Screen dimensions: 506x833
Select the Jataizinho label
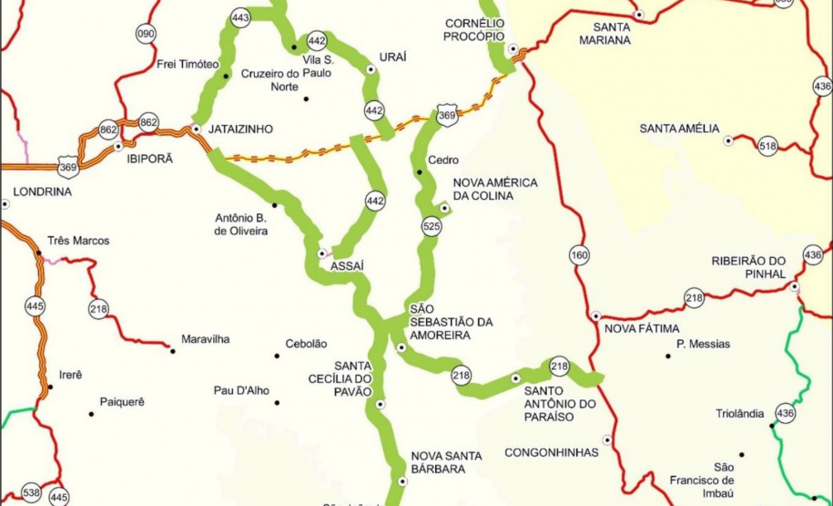pyautogui.click(x=240, y=129)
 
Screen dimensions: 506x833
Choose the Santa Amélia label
pyautogui.click(x=679, y=128)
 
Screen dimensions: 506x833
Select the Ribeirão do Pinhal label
pyautogui.click(x=748, y=266)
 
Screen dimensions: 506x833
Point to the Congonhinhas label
pyautogui.click(x=552, y=452)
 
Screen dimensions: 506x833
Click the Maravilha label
pyautogui.click(x=205, y=339)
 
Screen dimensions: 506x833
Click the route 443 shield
pyautogui.click(x=240, y=17)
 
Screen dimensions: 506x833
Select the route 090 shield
pyautogui.click(x=146, y=35)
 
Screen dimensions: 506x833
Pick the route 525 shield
pyautogui.click(x=432, y=223)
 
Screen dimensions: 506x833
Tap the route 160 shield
pyautogui.click(x=580, y=255)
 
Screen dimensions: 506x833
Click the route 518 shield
pyautogui.click(x=767, y=145)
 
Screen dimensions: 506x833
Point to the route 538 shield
pyautogui.click(x=32, y=493)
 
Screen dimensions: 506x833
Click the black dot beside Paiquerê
pyautogui.click(x=92, y=414)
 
